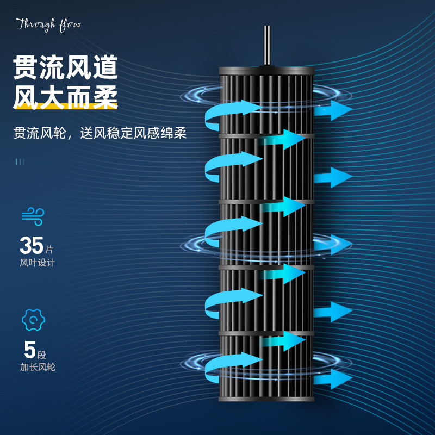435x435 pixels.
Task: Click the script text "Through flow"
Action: [48, 25]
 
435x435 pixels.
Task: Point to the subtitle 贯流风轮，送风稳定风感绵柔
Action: [100, 133]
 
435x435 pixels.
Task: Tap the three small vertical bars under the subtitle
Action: [20, 161]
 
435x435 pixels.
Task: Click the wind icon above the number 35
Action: [33, 215]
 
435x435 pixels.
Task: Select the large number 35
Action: [32, 246]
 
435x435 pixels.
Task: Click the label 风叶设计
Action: [38, 263]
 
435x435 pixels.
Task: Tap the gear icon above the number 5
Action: [33, 319]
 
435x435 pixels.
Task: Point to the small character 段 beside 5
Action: [42, 354]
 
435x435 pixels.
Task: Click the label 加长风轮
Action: [38, 367]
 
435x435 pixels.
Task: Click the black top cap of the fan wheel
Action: [266, 71]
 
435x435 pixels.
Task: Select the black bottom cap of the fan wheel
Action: [266, 395]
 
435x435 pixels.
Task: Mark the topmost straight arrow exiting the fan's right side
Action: [333, 110]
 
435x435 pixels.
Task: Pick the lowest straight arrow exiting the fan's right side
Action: [333, 378]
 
